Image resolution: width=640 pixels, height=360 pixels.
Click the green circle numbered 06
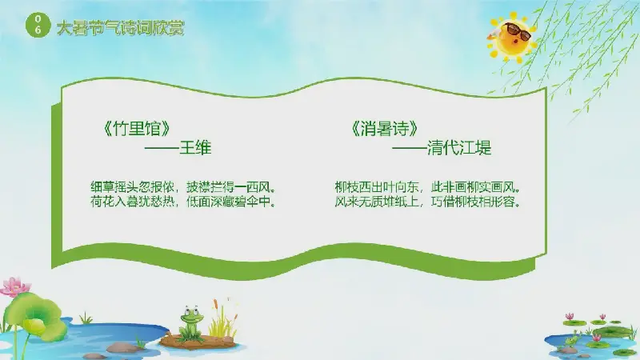[x=38, y=25]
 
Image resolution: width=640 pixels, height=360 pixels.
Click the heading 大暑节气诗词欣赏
[x=121, y=28]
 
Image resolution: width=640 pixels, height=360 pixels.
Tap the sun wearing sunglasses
[x=512, y=38]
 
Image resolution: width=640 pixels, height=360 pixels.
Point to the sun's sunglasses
[x=518, y=31]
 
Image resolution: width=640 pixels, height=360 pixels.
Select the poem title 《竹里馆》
[x=137, y=129]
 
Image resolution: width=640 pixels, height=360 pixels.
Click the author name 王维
[x=195, y=147]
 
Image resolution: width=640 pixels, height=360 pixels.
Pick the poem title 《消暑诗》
[x=385, y=129]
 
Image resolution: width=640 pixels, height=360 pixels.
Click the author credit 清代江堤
[x=458, y=147]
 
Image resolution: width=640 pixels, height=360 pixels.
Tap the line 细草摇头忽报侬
[x=132, y=187]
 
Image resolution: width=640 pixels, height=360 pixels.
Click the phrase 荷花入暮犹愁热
[x=132, y=202]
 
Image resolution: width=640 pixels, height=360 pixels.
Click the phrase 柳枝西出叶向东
[x=377, y=187]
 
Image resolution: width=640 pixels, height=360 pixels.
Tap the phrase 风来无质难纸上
[x=377, y=202]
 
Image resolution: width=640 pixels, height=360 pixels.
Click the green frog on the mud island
[x=191, y=322]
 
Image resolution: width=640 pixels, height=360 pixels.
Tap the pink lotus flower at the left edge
[x=14, y=286]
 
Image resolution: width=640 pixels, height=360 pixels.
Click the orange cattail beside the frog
[x=215, y=305]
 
